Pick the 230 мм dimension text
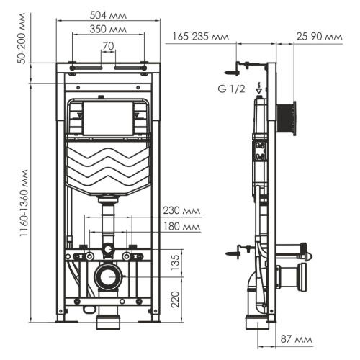[181, 211]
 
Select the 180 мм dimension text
[181, 226]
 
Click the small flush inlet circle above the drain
[108, 250]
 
